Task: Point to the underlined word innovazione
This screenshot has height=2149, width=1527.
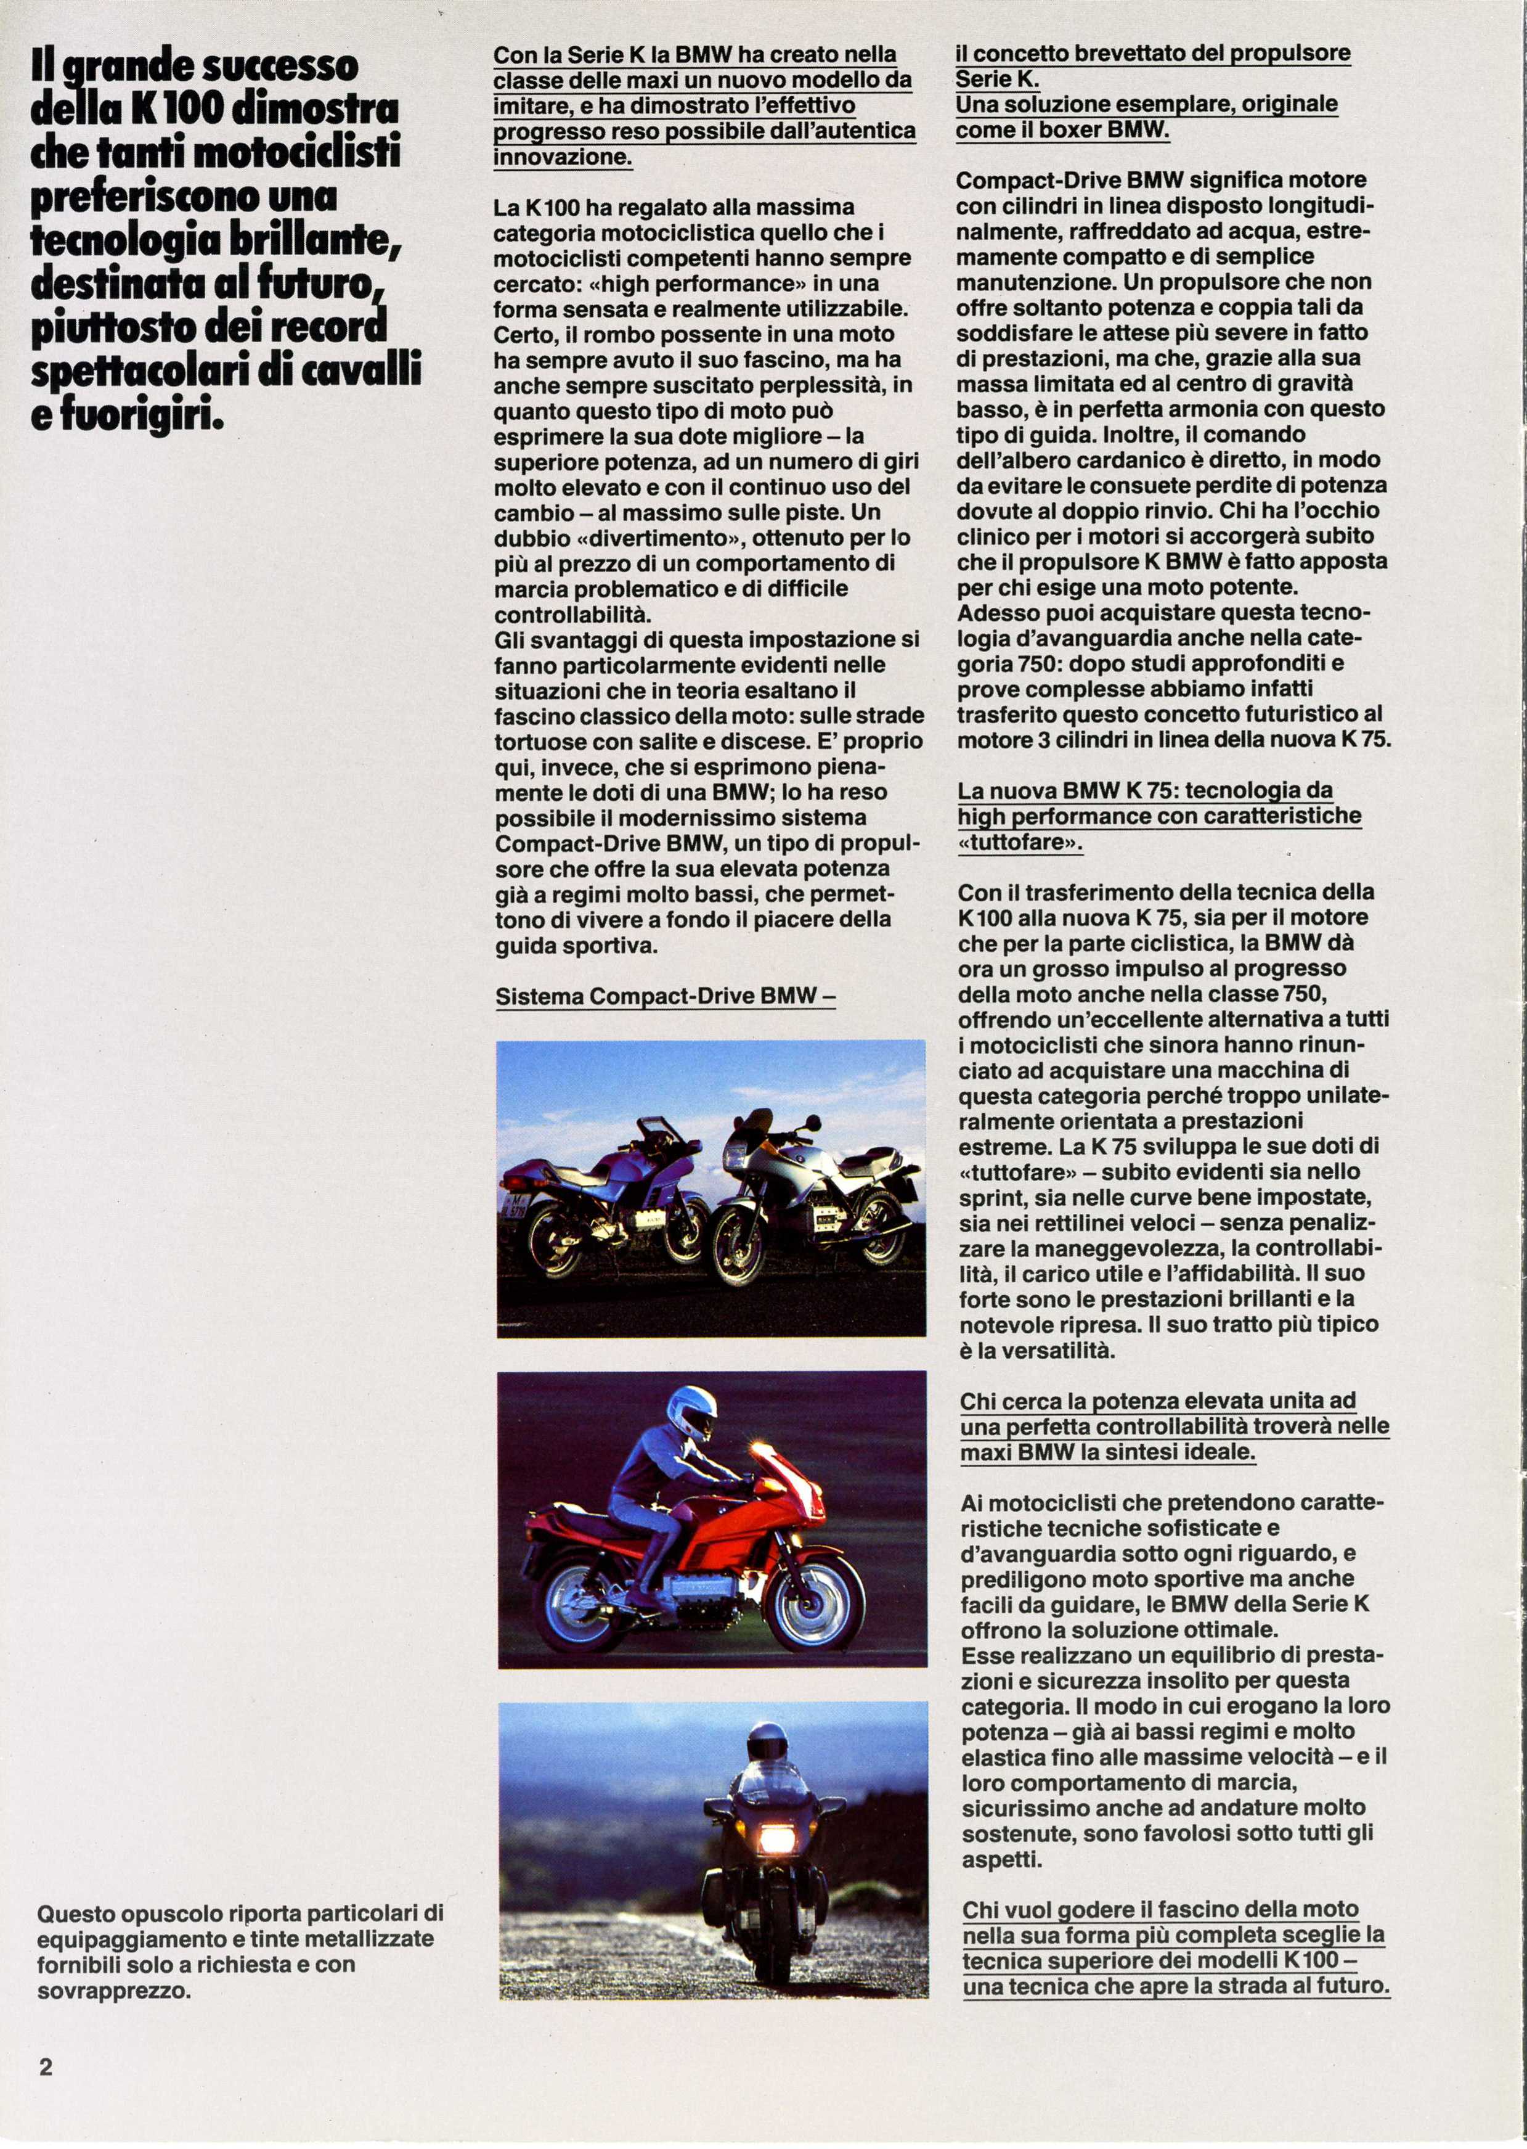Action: [562, 156]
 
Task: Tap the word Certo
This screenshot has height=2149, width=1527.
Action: [526, 335]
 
